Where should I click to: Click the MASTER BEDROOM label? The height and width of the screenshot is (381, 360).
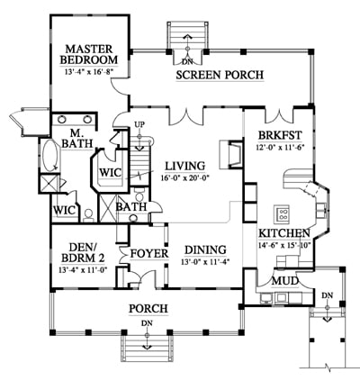tap(89, 54)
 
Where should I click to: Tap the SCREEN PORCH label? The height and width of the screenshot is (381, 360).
tap(220, 75)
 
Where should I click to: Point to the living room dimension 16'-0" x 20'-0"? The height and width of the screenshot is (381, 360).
tap(184, 177)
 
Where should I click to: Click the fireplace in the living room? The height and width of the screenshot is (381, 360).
tap(230, 154)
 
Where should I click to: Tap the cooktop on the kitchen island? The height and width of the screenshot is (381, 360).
tap(282, 213)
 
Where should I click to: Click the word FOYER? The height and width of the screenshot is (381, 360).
tap(149, 254)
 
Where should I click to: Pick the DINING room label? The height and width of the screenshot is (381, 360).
tap(205, 250)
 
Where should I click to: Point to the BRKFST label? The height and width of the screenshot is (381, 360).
tap(280, 136)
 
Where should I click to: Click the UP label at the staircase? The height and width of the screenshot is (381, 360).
tap(139, 124)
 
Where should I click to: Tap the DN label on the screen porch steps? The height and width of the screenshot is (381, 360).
tap(188, 62)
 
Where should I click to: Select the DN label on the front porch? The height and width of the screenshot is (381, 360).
tap(147, 323)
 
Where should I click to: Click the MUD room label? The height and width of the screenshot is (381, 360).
tap(285, 282)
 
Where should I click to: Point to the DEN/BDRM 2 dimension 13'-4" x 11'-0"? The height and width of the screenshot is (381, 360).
tap(84, 269)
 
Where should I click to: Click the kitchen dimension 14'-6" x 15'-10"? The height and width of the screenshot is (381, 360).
tap(283, 245)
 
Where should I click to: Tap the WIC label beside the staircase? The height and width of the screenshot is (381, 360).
tap(111, 173)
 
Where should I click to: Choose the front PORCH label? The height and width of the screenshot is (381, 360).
tap(148, 309)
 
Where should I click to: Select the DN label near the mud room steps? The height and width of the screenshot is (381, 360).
tap(328, 295)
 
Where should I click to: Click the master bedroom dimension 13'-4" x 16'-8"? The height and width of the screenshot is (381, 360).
tap(89, 72)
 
